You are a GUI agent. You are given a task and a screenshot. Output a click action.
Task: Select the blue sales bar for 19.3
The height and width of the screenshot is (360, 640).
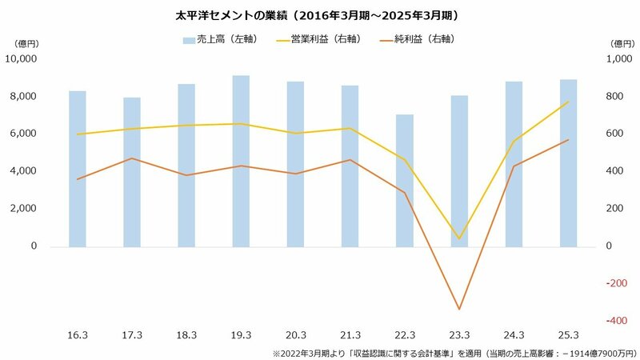coord(241,160)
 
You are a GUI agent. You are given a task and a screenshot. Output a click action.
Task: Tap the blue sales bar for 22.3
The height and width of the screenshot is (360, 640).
coord(405,180)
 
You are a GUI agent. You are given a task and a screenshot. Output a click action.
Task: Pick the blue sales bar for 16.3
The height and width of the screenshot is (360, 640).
coord(77,168)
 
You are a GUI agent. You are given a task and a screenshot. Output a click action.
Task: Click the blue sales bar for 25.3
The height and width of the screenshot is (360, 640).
coord(567,162)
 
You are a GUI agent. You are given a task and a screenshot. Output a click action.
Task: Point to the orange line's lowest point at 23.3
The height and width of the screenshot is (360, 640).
coord(459,310)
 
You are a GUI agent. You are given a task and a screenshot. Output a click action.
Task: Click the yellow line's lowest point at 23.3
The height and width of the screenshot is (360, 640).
coord(459,238)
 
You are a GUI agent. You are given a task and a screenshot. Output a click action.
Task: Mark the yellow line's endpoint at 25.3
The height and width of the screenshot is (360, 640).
coord(567,102)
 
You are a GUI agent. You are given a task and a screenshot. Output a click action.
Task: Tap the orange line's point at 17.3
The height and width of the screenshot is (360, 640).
coord(131,158)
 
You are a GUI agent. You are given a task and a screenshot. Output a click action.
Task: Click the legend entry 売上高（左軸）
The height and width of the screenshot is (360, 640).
coord(220,39)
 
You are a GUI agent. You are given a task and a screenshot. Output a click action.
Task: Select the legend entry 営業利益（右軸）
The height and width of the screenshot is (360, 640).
coord(316,39)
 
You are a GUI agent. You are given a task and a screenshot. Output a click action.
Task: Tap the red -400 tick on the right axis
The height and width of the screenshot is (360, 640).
coord(614,321)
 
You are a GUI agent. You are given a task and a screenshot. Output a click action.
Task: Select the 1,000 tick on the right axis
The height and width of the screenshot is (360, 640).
coord(614,59)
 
